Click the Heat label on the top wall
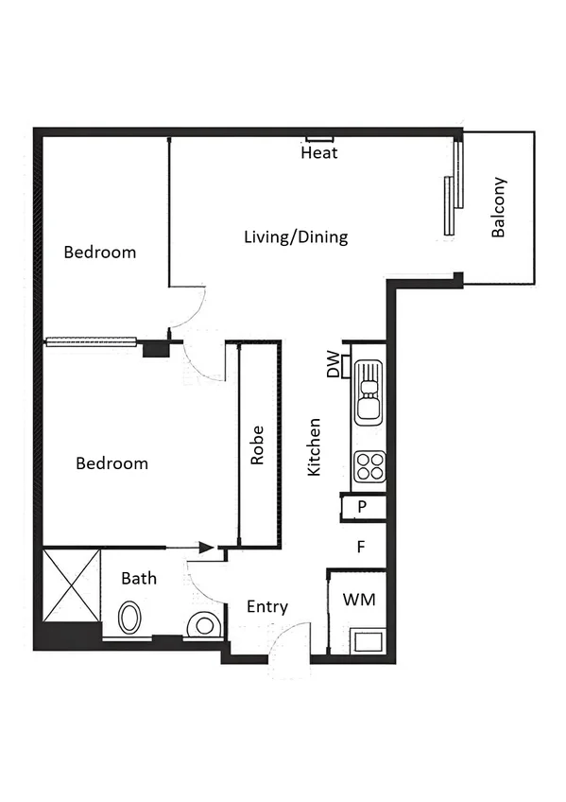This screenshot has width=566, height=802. (318, 152)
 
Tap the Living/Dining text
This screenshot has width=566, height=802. (296, 236)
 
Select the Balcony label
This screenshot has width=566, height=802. (499, 207)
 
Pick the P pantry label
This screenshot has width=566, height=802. (362, 508)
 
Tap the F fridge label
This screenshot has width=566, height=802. (360, 547)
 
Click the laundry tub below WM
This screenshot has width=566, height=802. (366, 641)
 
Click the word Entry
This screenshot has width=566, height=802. (266, 607)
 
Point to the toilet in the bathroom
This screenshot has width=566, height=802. (204, 625)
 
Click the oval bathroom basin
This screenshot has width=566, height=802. (130, 619)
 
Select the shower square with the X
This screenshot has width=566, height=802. (72, 583)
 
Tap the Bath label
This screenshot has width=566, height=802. (139, 578)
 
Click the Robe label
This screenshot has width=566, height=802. (257, 445)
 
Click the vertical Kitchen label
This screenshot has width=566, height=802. (316, 446)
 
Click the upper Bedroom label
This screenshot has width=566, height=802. (99, 253)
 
